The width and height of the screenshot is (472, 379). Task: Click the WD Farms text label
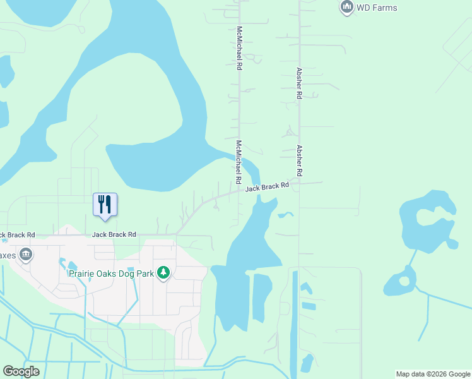click(377, 8)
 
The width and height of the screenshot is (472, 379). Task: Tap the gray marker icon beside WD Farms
click(346, 8)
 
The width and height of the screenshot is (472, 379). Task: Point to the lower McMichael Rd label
click(239, 162)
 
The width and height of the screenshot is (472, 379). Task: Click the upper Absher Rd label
click(300, 83)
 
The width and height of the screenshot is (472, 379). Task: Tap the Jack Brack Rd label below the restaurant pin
click(114, 234)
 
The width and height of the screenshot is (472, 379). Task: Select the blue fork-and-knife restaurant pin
click(105, 205)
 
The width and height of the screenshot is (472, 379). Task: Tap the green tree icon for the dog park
click(163, 273)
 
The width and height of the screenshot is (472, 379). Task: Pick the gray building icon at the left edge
click(26, 255)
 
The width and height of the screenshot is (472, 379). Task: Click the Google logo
click(21, 371)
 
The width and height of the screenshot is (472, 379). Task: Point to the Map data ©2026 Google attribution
click(433, 374)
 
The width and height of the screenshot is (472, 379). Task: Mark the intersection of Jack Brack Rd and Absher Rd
click(299, 184)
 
